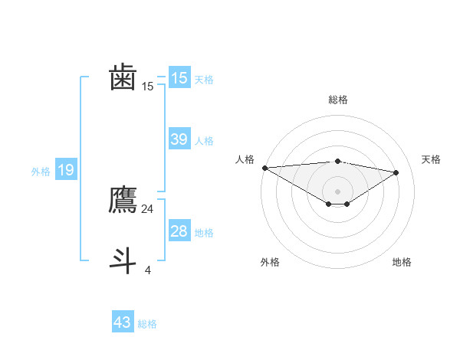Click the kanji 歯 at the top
(x=123, y=78)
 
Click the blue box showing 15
(x=179, y=78)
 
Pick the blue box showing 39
(x=179, y=139)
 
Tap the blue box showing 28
(x=179, y=231)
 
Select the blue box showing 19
(x=66, y=170)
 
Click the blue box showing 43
(x=123, y=322)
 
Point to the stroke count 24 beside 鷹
(x=147, y=208)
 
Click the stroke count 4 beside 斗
(x=147, y=270)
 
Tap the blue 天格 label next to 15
(x=204, y=80)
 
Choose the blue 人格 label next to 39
(x=204, y=141)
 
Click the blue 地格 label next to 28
(x=204, y=233)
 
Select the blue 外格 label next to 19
(x=41, y=172)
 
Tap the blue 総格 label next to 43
(x=147, y=324)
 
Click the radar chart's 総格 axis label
(x=337, y=100)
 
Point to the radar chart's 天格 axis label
(x=432, y=159)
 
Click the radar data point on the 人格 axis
(x=264, y=168)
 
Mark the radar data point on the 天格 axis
(x=396, y=172)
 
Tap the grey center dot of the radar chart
(x=337, y=191)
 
